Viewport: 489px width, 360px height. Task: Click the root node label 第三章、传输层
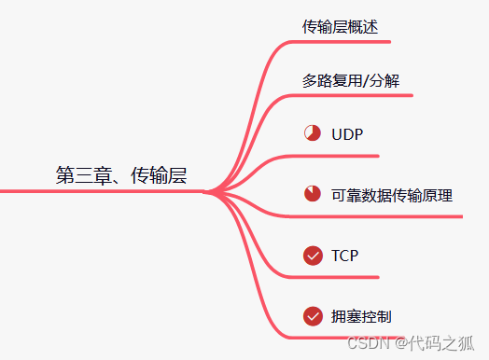(121, 175)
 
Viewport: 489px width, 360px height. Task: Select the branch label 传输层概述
(340, 27)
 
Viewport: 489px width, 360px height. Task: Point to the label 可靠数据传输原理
(392, 196)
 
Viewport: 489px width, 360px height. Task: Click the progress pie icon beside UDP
(313, 133)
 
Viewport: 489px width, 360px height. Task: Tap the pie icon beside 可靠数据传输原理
(313, 195)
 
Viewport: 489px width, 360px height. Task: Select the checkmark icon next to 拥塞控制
(313, 317)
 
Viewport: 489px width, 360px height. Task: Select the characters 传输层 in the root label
(158, 175)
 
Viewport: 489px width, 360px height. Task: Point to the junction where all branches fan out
(211, 192)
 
